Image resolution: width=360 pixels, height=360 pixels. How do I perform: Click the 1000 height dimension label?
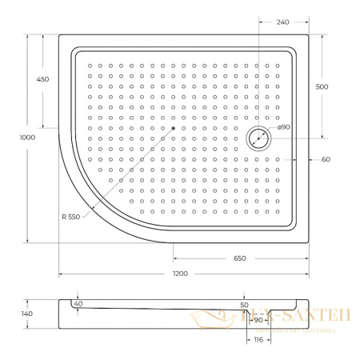[x=18, y=137]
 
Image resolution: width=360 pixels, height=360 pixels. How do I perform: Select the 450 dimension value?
[x=43, y=79]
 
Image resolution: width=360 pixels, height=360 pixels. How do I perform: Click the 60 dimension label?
[x=326, y=159]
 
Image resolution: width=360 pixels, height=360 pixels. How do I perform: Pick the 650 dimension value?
[x=240, y=258]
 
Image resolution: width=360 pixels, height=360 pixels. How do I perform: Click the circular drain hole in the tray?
[x=259, y=138]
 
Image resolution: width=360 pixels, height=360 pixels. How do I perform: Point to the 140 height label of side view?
[x=26, y=314]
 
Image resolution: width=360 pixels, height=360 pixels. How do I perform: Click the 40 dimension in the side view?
[x=78, y=304]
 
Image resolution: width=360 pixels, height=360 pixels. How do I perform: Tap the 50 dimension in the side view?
[x=245, y=305]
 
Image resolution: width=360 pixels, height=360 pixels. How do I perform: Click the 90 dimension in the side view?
[x=258, y=319]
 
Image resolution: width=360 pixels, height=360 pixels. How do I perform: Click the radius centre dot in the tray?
[x=173, y=128]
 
